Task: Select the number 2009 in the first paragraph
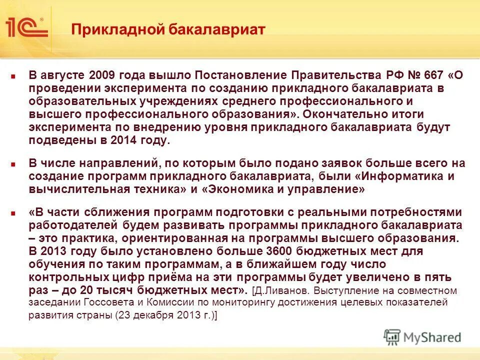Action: [102, 75]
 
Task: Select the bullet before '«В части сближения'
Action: [14, 212]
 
